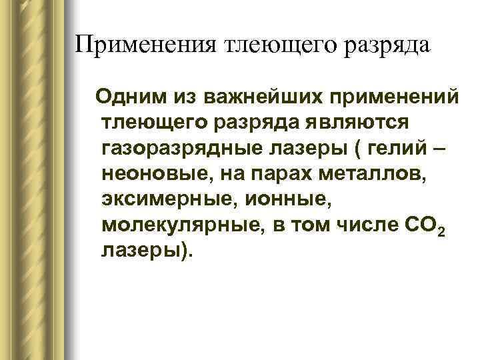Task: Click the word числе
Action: pyautogui.click(x=359, y=225)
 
